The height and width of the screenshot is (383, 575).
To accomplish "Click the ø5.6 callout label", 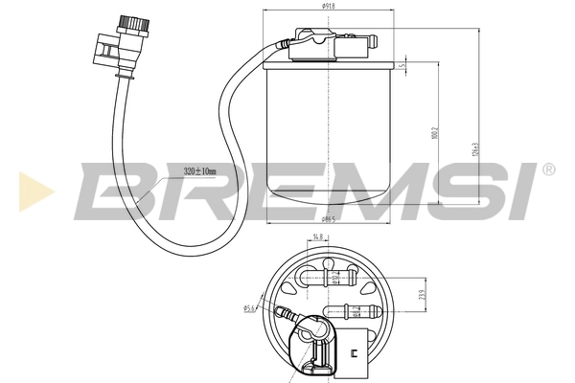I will click(248, 308).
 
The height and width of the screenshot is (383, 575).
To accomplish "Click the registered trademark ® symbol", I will click(547, 170).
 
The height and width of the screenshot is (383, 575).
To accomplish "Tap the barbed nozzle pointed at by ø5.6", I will click(285, 311).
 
